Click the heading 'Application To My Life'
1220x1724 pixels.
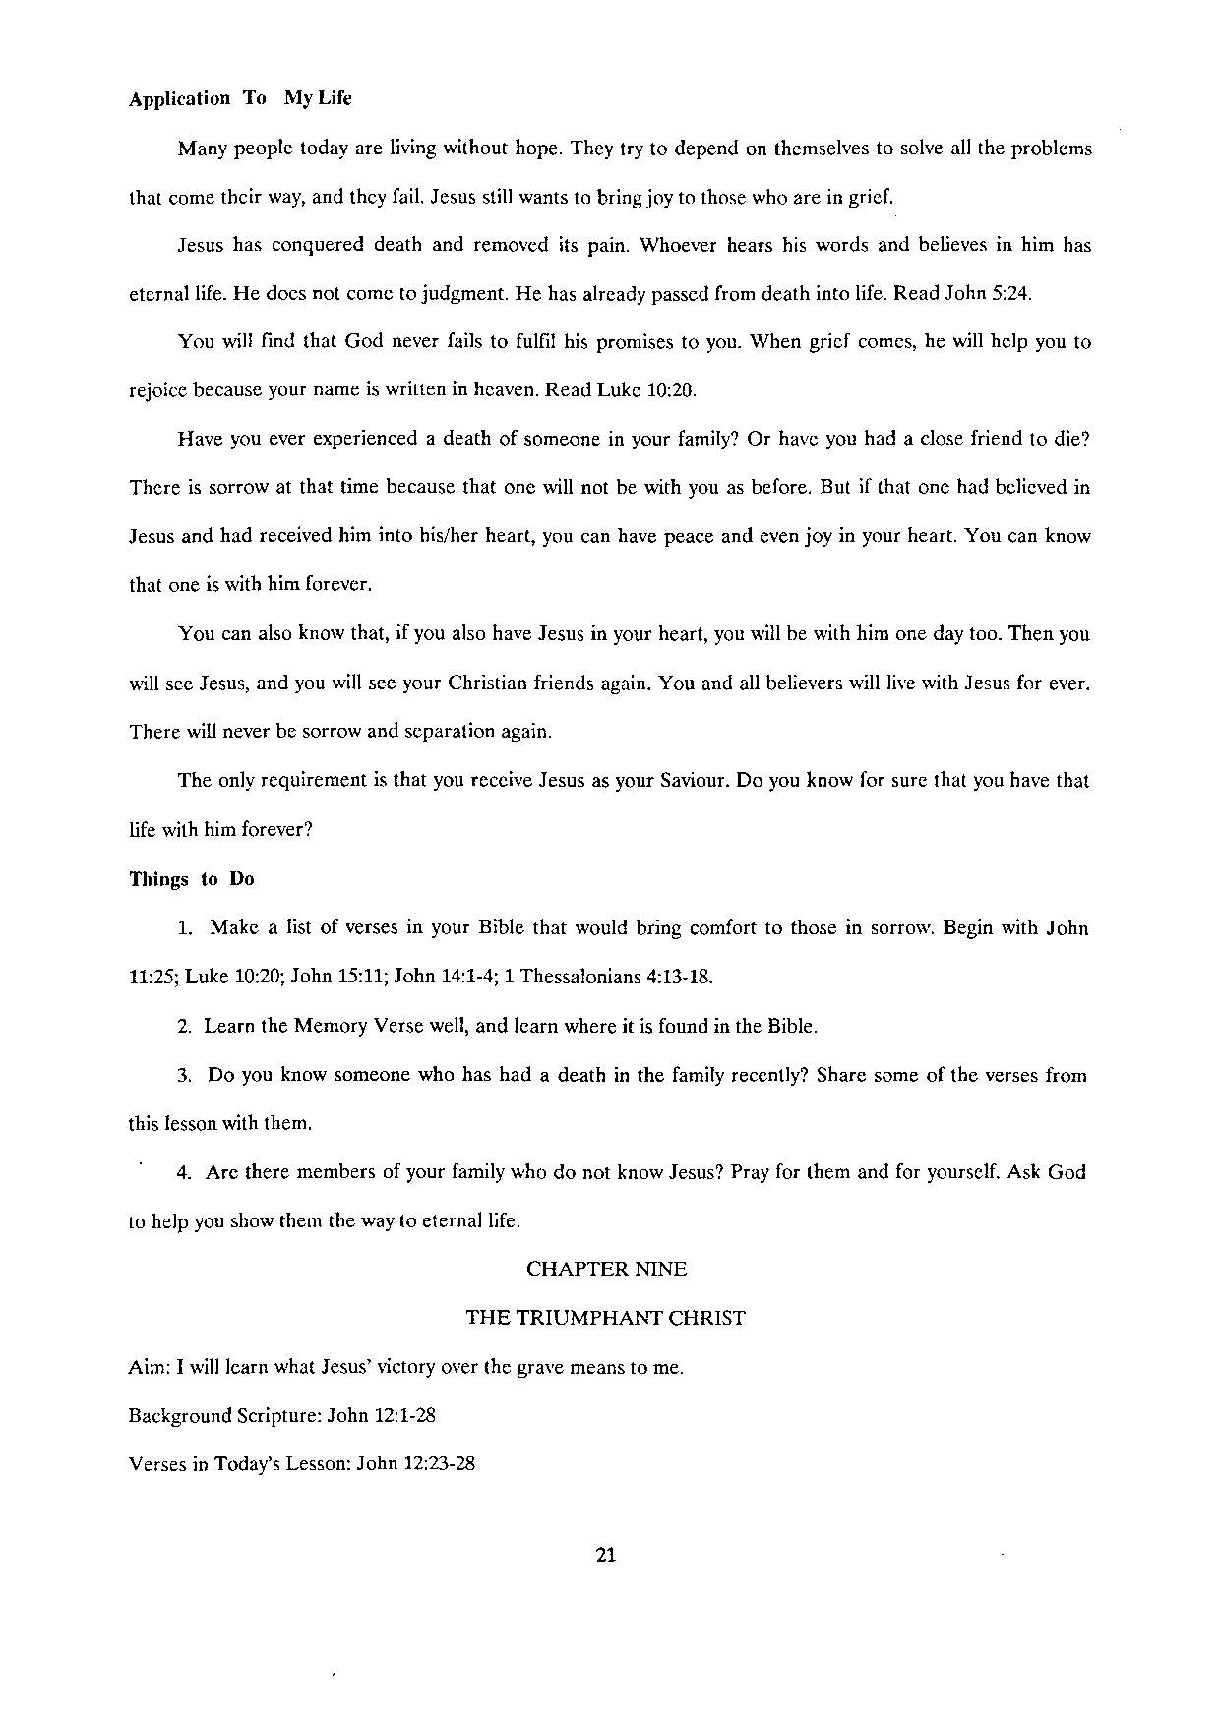[x=240, y=98]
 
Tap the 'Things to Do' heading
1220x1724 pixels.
[x=192, y=879]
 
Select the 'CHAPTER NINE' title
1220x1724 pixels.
[x=606, y=1269]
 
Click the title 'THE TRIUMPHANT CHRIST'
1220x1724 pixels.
[x=606, y=1318]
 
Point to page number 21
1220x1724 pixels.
[x=606, y=1555]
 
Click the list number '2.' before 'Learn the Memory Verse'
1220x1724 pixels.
[x=184, y=1027]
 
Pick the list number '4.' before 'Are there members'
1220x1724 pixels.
[x=184, y=1172]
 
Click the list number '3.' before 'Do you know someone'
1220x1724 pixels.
[x=184, y=1075]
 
